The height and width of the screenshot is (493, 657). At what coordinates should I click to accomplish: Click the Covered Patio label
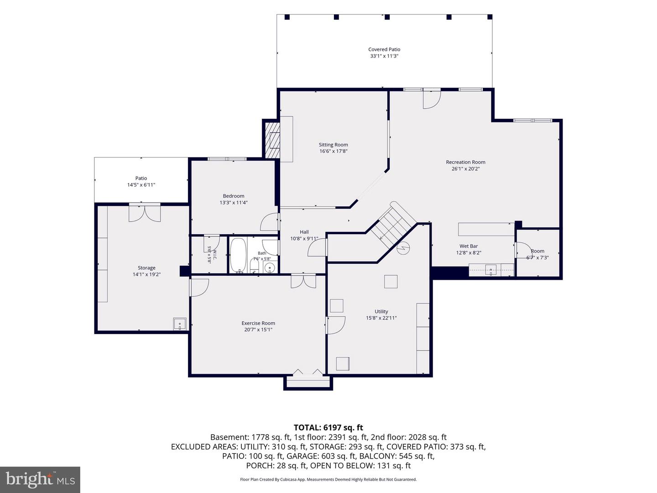click(384, 49)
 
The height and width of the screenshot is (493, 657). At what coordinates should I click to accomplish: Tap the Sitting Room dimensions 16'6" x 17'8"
click(333, 151)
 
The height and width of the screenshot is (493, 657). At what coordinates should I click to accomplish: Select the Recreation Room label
click(465, 162)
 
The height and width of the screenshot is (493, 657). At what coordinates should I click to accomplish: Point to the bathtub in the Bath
click(238, 255)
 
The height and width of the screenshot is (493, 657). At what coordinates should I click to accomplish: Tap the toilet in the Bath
click(255, 265)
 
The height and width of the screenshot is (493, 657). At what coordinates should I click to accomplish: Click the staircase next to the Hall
click(394, 225)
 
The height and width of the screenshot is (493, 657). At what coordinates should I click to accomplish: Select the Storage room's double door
click(145, 213)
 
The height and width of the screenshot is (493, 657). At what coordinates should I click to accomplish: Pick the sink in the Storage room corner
click(180, 324)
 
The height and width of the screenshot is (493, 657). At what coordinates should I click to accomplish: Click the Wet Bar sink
click(490, 270)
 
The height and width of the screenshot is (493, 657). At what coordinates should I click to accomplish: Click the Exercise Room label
click(258, 323)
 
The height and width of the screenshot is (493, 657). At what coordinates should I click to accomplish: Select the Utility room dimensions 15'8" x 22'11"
click(381, 318)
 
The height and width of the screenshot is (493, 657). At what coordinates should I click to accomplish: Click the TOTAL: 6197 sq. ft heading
click(328, 427)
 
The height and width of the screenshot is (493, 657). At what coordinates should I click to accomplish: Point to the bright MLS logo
click(40, 480)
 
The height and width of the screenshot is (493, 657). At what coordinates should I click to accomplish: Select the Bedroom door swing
click(270, 222)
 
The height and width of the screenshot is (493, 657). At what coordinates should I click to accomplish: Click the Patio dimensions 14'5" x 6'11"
click(141, 185)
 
